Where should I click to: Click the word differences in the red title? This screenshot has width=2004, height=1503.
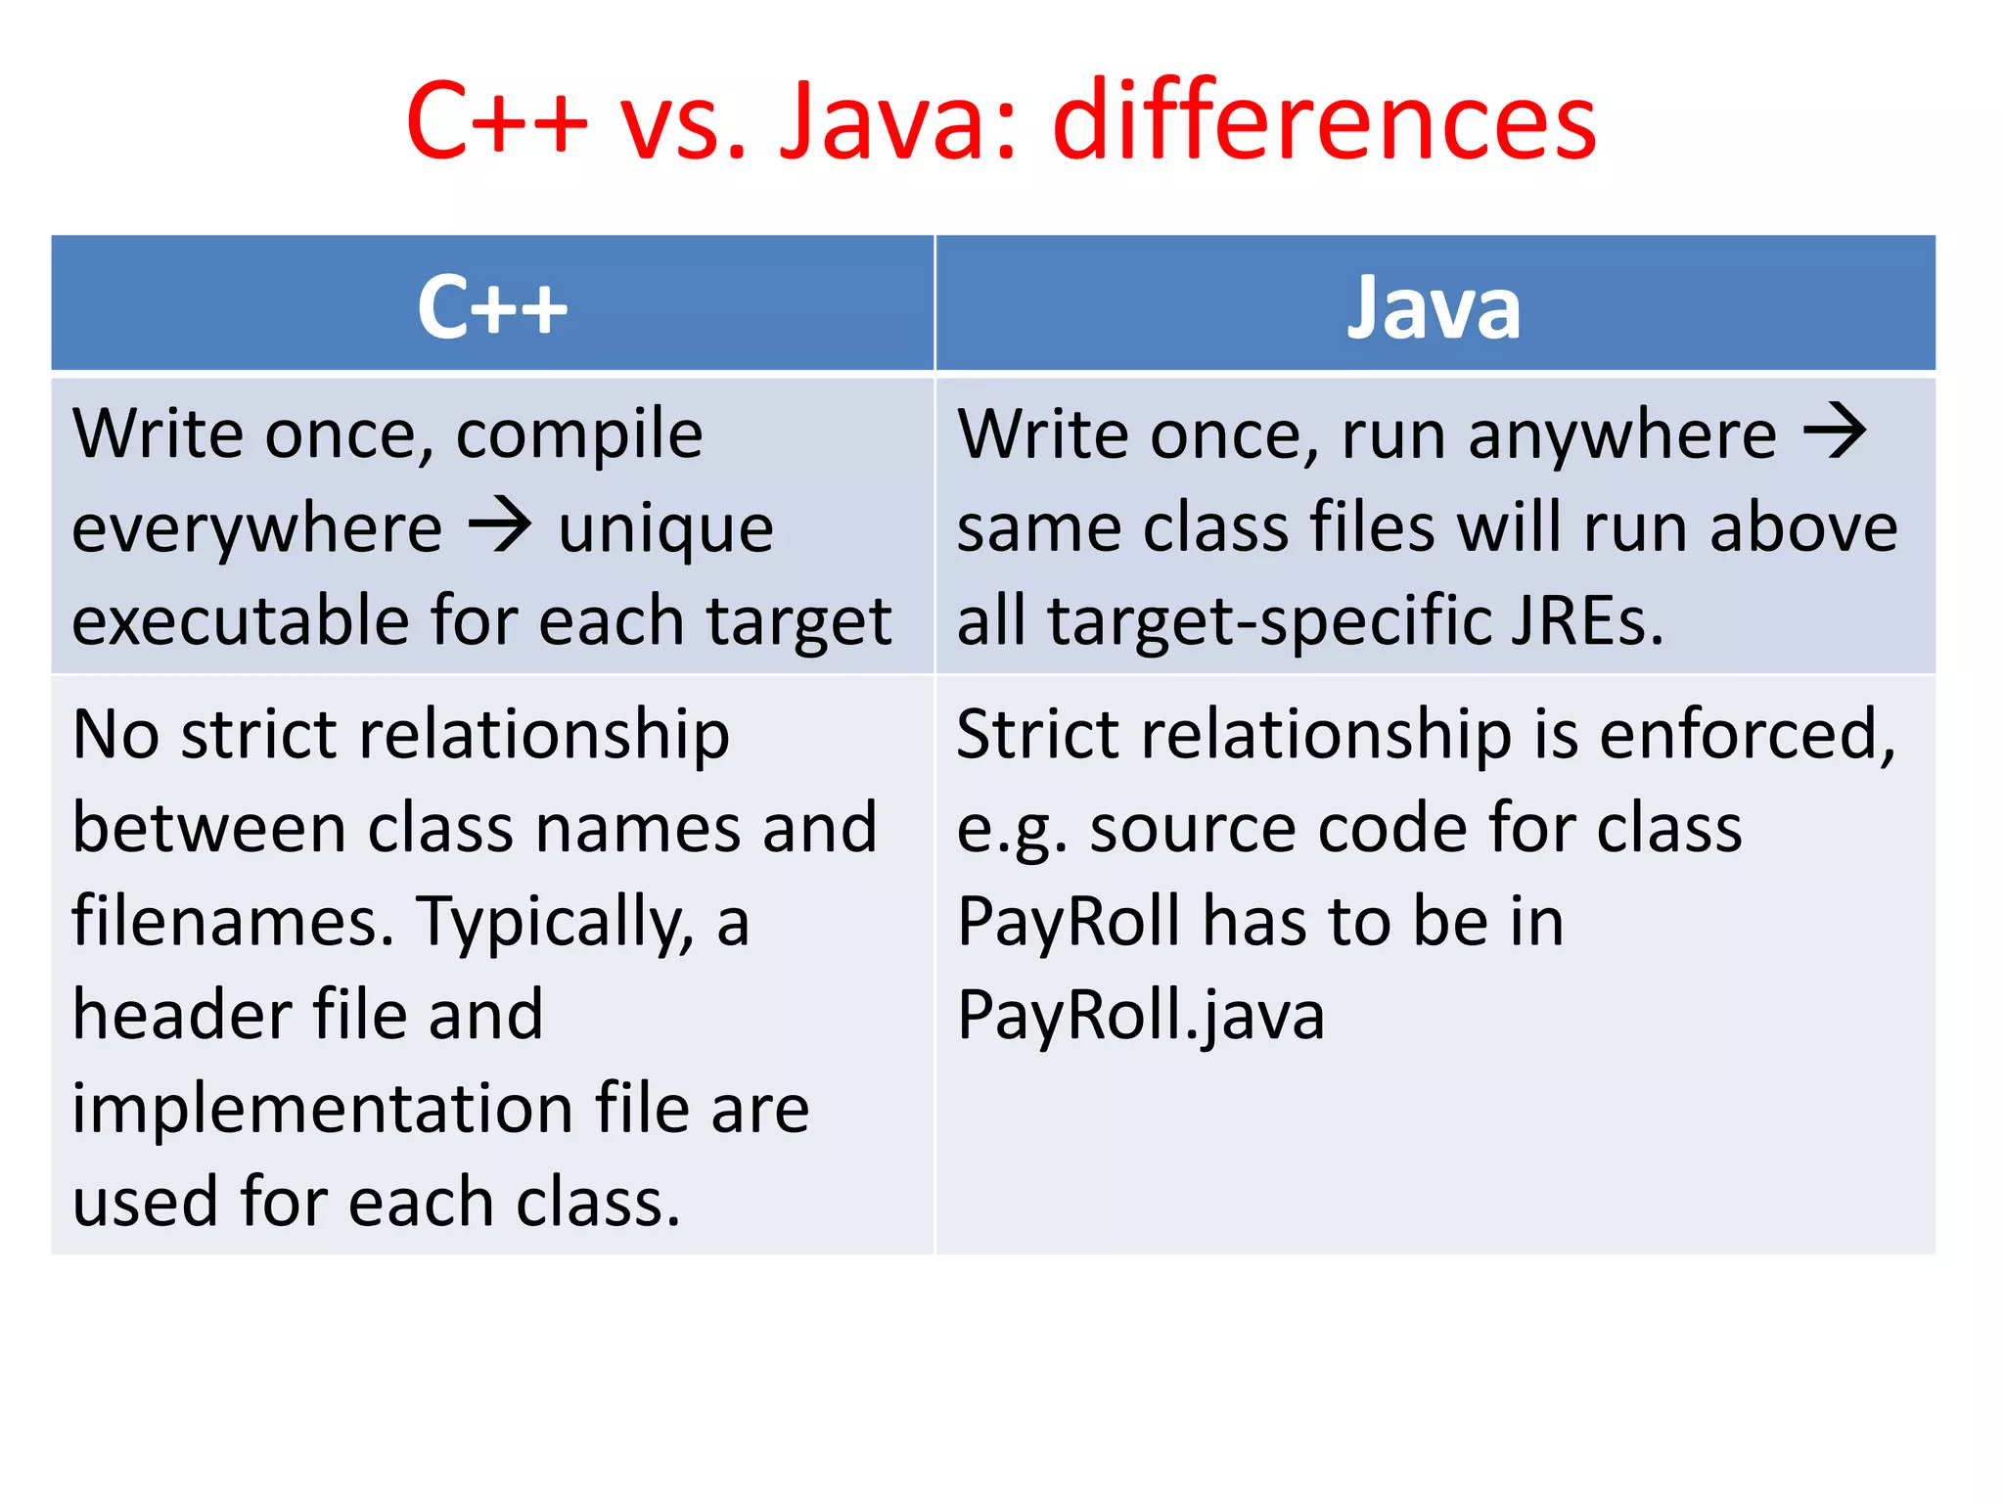coord(1323,121)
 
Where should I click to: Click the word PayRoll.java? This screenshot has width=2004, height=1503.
coord(1140,1015)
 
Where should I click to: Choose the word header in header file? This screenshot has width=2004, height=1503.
coord(182,1015)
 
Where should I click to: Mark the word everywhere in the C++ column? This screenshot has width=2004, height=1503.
coord(256,529)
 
